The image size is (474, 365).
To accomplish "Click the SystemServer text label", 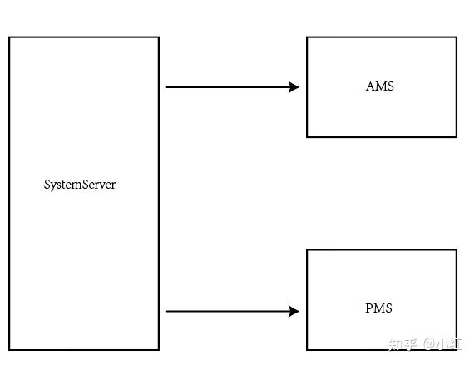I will point(80,185).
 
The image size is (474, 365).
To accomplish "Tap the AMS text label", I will point(380,86).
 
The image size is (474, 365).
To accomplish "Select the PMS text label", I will point(378,308).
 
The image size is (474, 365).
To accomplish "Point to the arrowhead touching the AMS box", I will point(294,86).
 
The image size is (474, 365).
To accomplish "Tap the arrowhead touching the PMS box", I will point(294,312).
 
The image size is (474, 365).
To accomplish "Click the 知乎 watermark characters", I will point(402,344).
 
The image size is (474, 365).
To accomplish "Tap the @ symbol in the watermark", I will point(431,344).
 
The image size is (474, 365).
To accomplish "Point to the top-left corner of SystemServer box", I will point(10,37).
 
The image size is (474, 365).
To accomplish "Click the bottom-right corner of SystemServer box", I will point(158,349).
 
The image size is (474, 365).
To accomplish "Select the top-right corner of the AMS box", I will point(456,37).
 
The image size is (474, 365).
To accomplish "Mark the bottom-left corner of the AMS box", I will point(308,136).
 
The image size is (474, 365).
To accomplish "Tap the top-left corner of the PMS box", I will point(308,250).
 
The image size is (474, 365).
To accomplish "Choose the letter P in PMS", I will point(368,308).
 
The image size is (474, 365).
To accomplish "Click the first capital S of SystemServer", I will point(47,185).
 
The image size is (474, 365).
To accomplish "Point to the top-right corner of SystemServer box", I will point(158,37).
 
